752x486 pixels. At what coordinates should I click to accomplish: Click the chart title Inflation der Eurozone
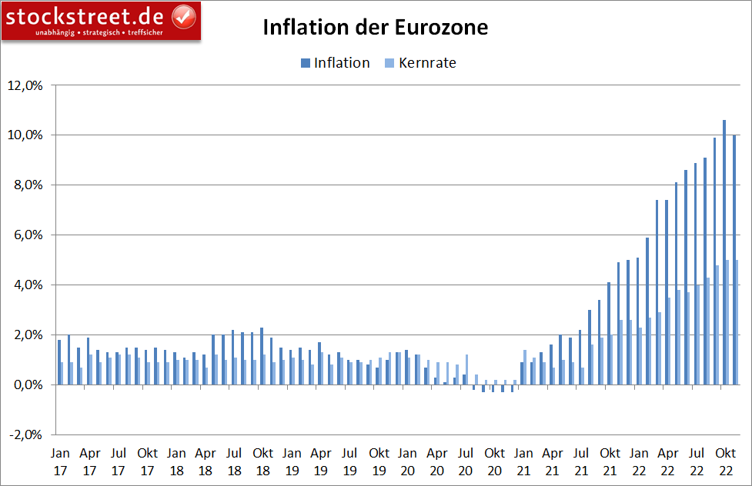(376, 28)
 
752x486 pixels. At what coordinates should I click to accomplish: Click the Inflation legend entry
(335, 63)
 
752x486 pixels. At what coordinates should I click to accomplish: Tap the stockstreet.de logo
(100, 20)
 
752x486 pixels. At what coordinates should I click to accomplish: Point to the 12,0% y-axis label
(25, 85)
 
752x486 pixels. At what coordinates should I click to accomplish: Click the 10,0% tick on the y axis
(25, 135)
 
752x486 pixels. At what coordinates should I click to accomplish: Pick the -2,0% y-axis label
(25, 435)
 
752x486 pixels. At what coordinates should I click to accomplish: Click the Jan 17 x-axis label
(61, 461)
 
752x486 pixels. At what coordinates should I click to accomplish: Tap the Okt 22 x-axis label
(726, 461)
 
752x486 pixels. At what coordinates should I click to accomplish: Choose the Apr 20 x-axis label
(436, 461)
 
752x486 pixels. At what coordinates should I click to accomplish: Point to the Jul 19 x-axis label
(349, 461)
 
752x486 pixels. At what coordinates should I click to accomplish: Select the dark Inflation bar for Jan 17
(59, 362)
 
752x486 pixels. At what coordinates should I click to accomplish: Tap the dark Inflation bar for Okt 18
(262, 356)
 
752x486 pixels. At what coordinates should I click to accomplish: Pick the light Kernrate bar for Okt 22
(727, 322)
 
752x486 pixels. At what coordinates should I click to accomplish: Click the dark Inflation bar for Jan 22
(637, 321)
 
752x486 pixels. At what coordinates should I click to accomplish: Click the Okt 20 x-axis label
(494, 461)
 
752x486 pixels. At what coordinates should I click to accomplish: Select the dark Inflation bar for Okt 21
(608, 334)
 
